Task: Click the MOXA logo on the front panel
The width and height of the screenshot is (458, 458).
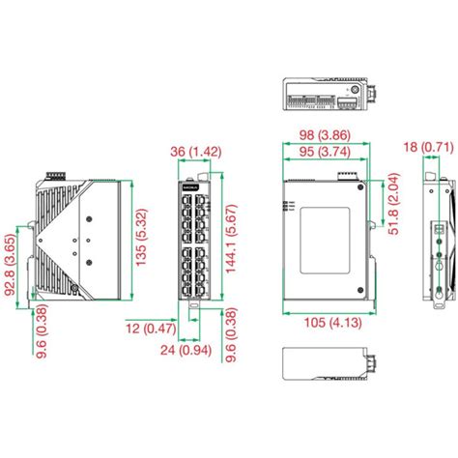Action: (188, 186)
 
